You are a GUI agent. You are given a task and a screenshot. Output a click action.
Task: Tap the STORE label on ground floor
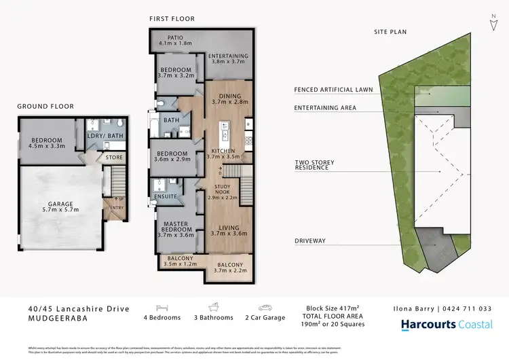114,158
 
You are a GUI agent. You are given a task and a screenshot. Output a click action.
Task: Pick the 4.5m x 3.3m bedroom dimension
47,146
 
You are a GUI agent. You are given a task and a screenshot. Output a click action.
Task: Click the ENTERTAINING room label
228,56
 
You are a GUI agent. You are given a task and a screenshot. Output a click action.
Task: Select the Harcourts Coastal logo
447,325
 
